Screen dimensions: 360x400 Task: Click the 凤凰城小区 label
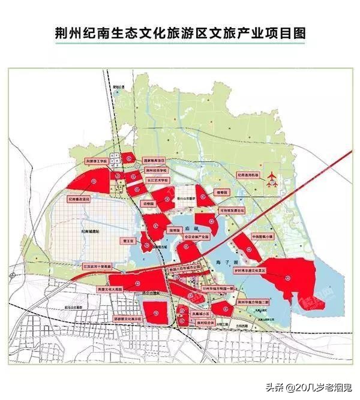coord(200,313)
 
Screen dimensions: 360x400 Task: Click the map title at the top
coord(180,34)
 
